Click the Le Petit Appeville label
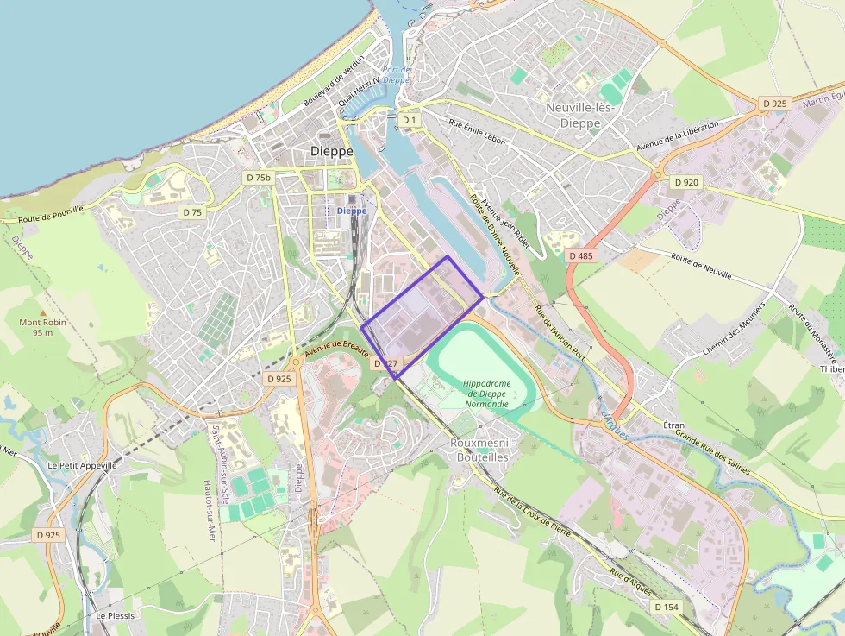click(82, 464)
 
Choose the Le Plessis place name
click(116, 616)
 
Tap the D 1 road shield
click(410, 120)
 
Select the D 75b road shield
click(258, 178)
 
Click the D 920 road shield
click(686, 182)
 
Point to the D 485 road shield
click(582, 256)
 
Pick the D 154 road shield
click(667, 607)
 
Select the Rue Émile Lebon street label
click(477, 131)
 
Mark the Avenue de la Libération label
click(677, 135)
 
